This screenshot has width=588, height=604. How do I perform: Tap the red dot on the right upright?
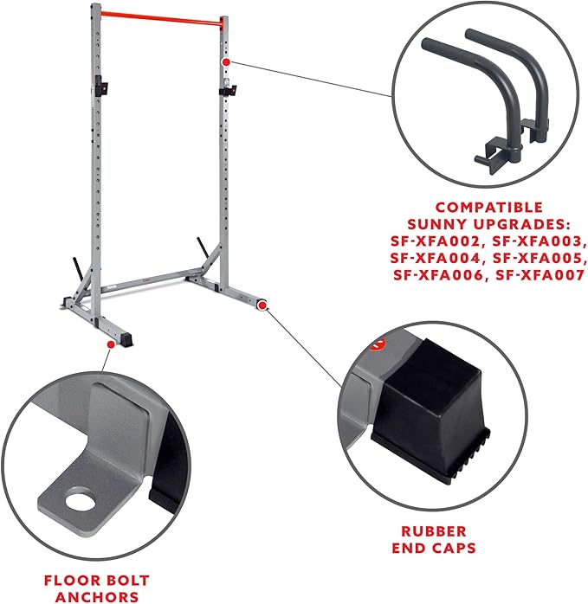tap(225, 62)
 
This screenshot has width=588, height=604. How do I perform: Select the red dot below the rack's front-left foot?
tap(109, 344)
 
